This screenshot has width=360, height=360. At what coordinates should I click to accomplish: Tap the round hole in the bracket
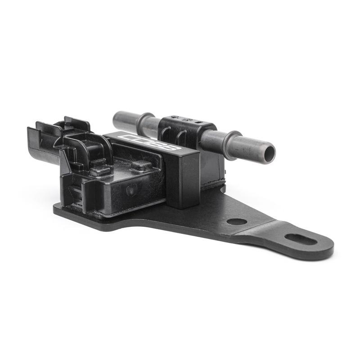236,221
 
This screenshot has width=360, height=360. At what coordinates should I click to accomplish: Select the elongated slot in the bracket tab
301,239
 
